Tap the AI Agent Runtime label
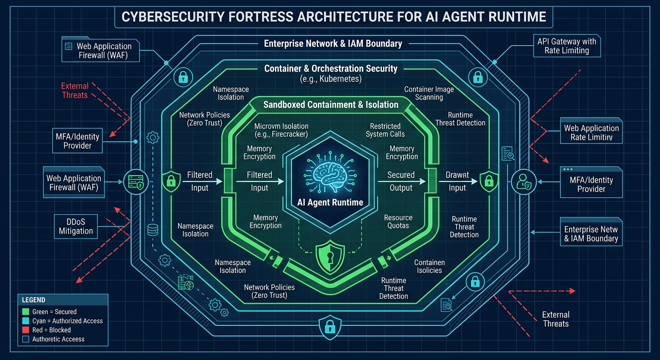click(330, 202)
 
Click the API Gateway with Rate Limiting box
click(567, 46)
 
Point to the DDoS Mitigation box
click(76, 225)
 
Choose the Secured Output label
click(401, 181)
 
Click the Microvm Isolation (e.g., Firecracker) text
click(281, 130)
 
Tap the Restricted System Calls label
click(385, 130)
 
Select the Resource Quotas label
click(398, 222)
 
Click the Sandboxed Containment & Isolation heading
click(330, 105)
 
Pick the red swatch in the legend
click(26, 330)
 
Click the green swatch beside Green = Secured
click(26, 312)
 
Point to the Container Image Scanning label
click(428, 93)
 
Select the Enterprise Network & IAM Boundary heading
click(333, 44)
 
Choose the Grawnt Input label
click(457, 181)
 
